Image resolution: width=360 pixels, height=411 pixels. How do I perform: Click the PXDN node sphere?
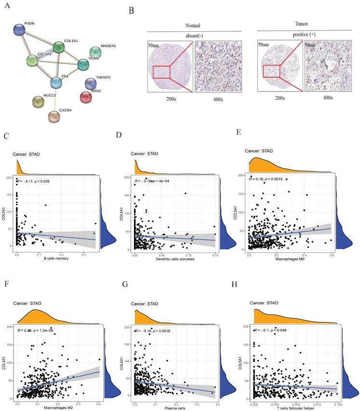(x=19, y=30)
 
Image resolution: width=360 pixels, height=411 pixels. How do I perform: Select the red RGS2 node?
(x=86, y=97)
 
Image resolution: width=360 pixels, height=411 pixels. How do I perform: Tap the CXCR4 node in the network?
(x=55, y=116)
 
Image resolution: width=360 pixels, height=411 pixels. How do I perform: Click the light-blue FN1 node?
(x=56, y=82)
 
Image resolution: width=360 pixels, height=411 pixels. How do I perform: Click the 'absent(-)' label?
(x=194, y=36)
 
